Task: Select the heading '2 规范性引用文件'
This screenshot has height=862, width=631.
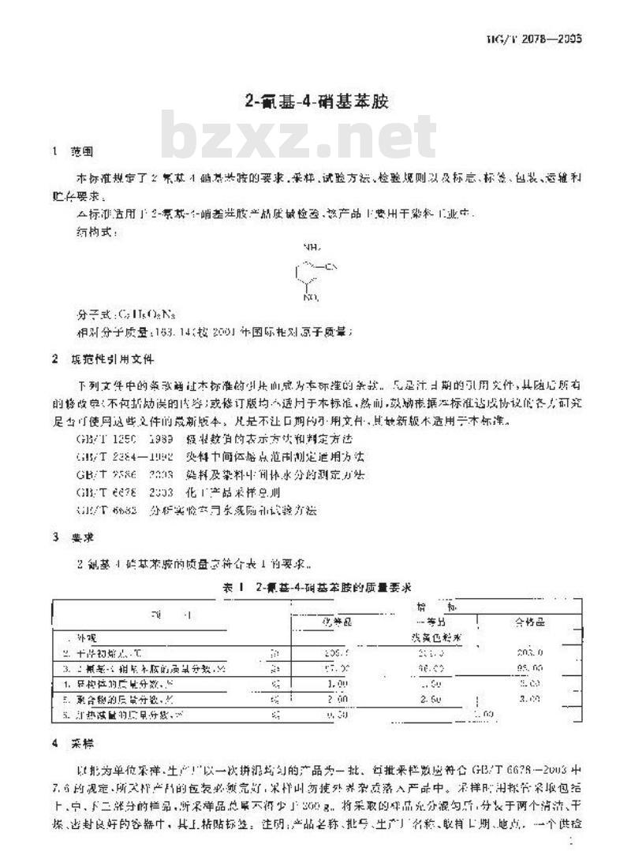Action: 102,359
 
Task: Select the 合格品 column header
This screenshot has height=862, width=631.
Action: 529,622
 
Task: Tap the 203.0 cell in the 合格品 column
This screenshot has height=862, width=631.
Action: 529,653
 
